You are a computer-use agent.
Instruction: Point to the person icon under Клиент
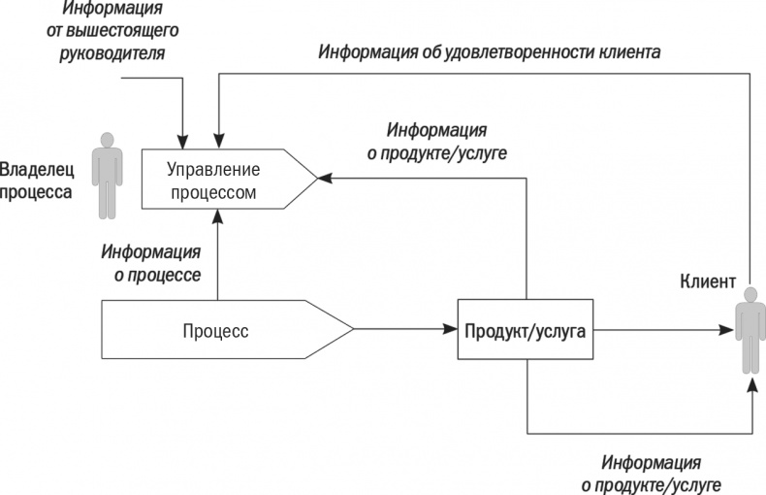point(748,335)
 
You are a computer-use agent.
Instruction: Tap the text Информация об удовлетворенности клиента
point(490,50)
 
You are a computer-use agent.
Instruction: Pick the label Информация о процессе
point(151,263)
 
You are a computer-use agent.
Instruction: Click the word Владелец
point(37,168)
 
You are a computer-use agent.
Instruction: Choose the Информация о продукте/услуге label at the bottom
point(651,473)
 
